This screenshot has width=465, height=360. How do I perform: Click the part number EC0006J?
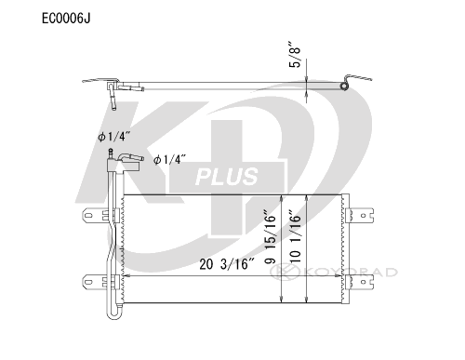click(x=66, y=19)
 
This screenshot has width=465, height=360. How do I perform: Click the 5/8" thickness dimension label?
click(x=295, y=54)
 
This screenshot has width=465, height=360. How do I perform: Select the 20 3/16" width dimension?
click(x=227, y=264)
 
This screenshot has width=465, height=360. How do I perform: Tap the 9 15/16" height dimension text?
click(x=270, y=237)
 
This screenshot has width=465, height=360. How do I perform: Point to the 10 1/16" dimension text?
click(x=295, y=237)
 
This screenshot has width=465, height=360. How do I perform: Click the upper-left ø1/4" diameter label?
click(x=113, y=137)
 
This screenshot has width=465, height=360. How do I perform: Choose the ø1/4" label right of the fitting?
click(x=169, y=160)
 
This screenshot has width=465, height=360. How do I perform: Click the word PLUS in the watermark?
click(x=227, y=177)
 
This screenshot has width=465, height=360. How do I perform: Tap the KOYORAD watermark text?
click(x=351, y=273)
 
